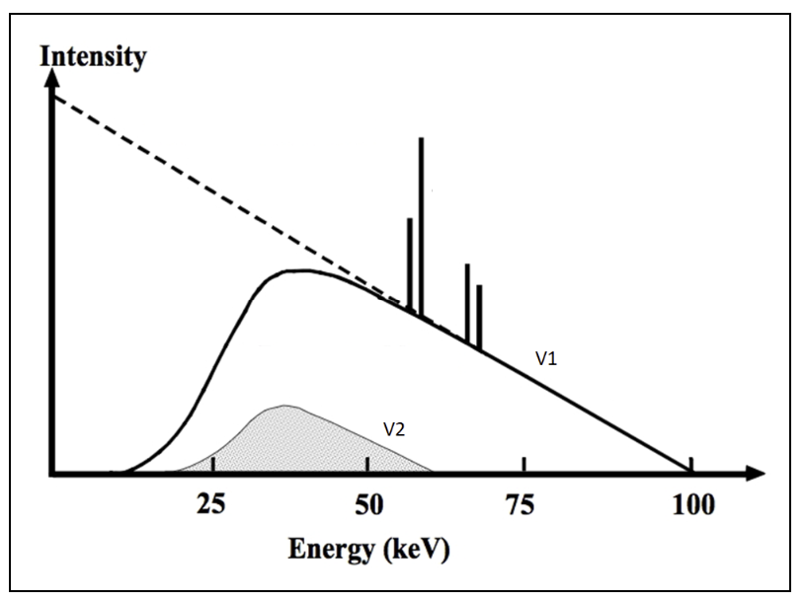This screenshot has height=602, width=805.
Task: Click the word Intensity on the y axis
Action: pyautogui.click(x=93, y=55)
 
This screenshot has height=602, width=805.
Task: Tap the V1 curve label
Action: pyautogui.click(x=546, y=360)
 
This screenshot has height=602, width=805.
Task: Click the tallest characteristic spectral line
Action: pyautogui.click(x=422, y=227)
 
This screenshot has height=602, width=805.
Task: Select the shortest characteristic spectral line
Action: pyautogui.click(x=479, y=316)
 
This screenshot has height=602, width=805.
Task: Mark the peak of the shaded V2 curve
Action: pyautogui.click(x=284, y=406)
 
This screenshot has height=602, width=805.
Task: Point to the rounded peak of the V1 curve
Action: pyautogui.click(x=301, y=270)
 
